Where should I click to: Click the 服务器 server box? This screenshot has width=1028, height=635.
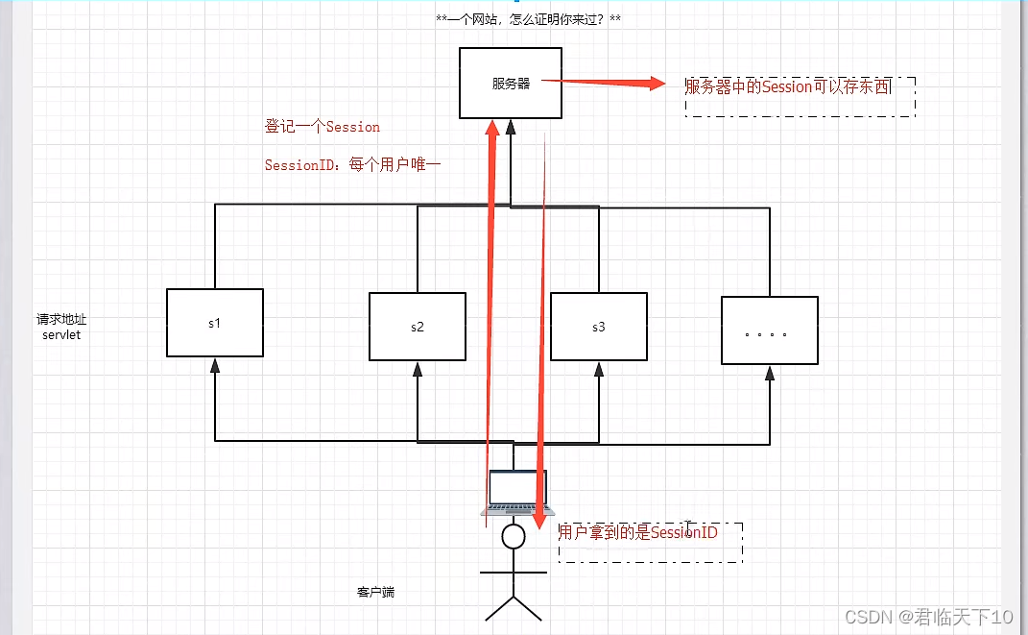point(511,84)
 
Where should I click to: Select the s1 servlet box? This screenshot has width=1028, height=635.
point(214,323)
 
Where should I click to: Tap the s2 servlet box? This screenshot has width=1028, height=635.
point(417,327)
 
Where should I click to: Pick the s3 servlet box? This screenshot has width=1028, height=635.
point(598,327)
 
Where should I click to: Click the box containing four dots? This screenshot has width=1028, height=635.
point(769,330)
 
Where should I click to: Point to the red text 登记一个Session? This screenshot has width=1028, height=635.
point(323,127)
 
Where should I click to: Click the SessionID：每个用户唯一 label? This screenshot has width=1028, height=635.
point(352,165)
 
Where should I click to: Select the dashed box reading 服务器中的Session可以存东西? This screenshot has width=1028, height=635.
point(800,95)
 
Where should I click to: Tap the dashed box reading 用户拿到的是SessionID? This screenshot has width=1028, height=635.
point(650,542)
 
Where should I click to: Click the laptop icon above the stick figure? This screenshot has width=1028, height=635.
point(514,494)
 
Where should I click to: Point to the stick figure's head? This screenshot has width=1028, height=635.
point(514,536)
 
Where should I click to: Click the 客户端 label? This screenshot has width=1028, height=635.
point(375,592)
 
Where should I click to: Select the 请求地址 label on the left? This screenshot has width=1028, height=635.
point(62,319)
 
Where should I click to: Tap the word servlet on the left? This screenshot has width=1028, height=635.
point(62,335)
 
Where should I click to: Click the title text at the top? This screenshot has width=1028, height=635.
point(528,19)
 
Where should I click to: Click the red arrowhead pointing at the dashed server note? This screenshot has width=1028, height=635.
point(657,84)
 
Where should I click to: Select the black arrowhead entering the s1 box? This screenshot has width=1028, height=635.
point(215,365)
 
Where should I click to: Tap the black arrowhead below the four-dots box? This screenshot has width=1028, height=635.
point(769,373)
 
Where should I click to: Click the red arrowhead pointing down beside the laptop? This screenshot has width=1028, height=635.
point(538,521)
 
